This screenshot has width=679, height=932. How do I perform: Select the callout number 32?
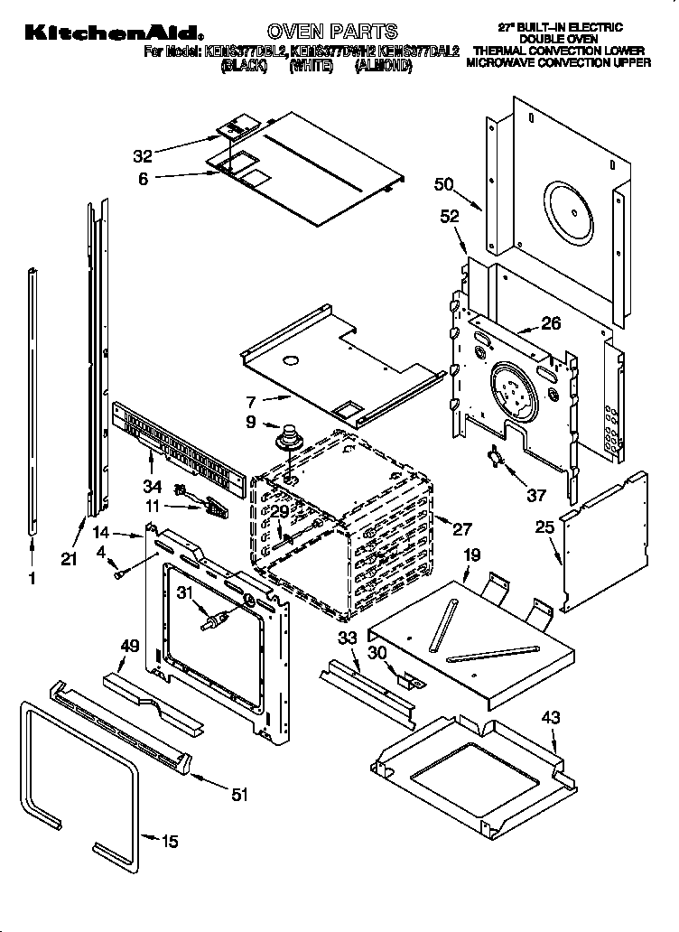[143, 153]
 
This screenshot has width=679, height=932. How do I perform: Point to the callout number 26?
[551, 322]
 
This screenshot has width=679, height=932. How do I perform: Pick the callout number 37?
[537, 494]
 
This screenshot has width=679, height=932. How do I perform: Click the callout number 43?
[550, 718]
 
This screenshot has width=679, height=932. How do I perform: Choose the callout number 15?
[169, 842]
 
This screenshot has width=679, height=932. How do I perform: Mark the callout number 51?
[238, 795]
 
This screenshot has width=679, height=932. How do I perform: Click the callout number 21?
[70, 559]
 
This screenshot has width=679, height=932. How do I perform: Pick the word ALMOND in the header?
[383, 66]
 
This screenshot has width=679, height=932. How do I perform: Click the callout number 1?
[33, 580]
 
